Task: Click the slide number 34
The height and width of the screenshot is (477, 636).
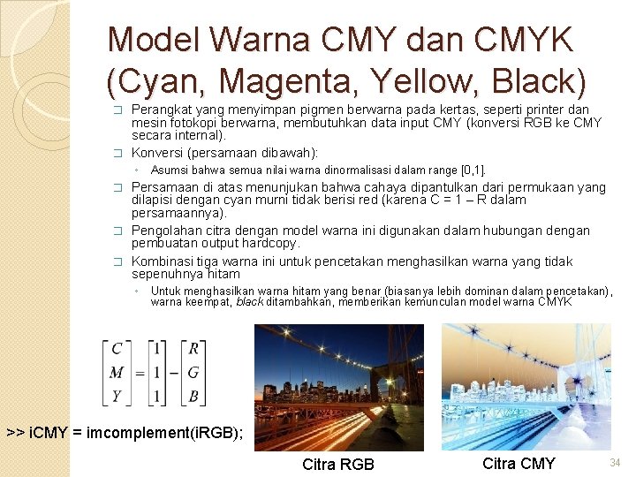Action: click(x=617, y=463)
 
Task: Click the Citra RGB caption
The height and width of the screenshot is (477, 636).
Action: click(x=338, y=465)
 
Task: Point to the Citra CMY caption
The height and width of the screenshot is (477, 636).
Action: click(x=519, y=463)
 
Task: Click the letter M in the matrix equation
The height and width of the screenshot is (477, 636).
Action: click(x=117, y=372)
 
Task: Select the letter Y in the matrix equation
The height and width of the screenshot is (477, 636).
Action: click(x=117, y=396)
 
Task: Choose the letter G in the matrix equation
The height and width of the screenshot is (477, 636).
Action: click(x=193, y=372)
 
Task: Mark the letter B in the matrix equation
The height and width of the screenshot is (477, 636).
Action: click(x=193, y=396)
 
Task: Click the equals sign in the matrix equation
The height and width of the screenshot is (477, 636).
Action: click(x=140, y=372)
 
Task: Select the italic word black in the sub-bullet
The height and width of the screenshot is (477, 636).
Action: click(x=248, y=302)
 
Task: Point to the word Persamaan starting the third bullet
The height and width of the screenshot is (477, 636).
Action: click(x=163, y=187)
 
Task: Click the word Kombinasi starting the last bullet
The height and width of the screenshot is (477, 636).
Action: click(x=163, y=261)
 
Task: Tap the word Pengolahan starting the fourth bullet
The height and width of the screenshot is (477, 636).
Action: click(x=167, y=231)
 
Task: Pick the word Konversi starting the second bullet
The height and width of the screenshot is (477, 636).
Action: click(x=159, y=152)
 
